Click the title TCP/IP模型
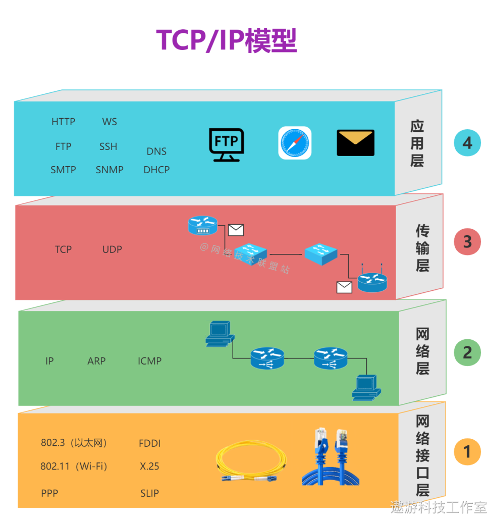[227, 40]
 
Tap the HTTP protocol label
[63, 122]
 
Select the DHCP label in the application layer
[156, 170]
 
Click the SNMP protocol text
[110, 170]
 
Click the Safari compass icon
[295, 143]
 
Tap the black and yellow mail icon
[356, 143]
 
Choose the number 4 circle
[467, 143]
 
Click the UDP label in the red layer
[112, 249]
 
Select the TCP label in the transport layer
[63, 249]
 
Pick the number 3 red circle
[467, 242]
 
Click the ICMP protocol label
[149, 361]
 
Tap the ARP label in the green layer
[96, 361]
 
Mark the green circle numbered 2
[467, 352]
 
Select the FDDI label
[149, 444]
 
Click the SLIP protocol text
[149, 493]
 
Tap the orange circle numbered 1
[467, 451]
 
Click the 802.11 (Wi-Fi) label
[74, 467]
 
